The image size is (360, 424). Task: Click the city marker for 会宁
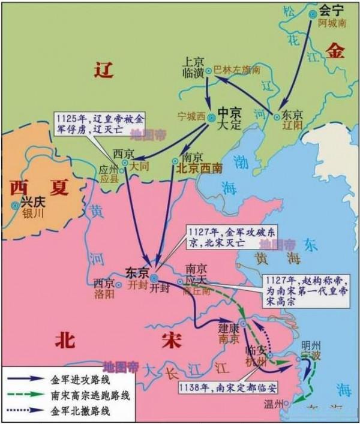click(x=311, y=14)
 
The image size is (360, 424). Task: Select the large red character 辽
click(x=104, y=71)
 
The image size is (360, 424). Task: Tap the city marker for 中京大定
click(x=211, y=118)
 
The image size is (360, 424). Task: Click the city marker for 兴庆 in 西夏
click(x=14, y=206)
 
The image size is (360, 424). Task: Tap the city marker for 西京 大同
click(x=125, y=163)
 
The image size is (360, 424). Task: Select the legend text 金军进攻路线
click(x=75, y=378)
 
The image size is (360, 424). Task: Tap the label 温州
click(x=272, y=404)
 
